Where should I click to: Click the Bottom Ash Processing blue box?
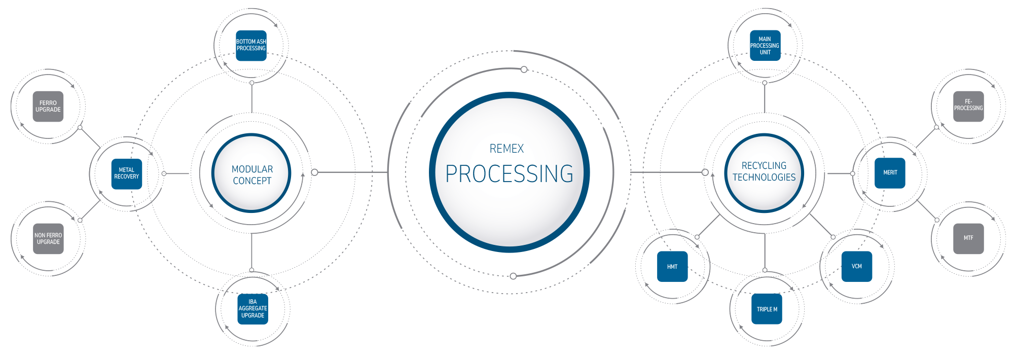tap(251, 46)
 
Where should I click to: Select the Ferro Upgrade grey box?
tap(48, 106)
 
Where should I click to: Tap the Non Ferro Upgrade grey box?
tap(48, 239)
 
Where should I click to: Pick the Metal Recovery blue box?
tap(127, 174)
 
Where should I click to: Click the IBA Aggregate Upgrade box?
tap(253, 309)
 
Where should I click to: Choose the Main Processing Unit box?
tap(765, 46)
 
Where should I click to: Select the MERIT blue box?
tap(890, 173)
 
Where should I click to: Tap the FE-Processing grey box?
tap(968, 106)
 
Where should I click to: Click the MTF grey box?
tap(968, 238)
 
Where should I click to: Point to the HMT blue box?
tap(672, 267)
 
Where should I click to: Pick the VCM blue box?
tap(857, 266)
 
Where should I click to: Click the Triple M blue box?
tap(767, 309)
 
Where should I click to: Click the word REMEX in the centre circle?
tap(506, 149)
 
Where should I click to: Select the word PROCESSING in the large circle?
tap(509, 174)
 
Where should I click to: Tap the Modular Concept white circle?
tap(251, 173)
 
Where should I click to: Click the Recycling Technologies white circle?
tap(764, 172)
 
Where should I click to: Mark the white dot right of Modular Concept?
tap(314, 172)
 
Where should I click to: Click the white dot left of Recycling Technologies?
tap(705, 172)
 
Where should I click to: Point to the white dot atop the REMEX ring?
tap(524, 69)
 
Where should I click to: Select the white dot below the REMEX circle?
tap(513, 276)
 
